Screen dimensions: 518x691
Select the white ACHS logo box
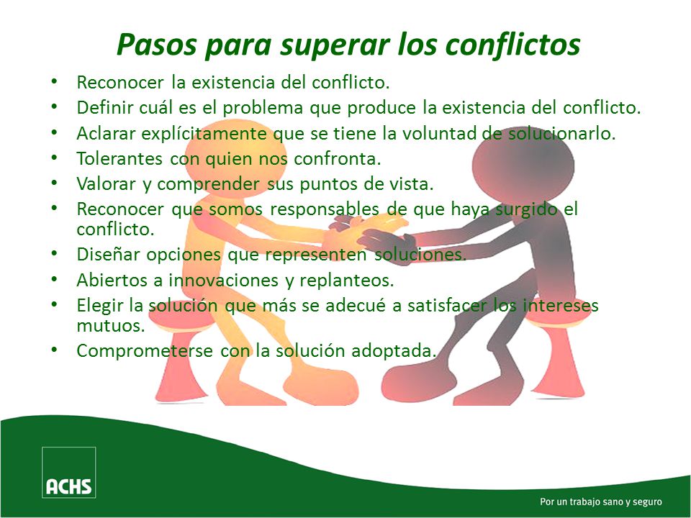(x=68, y=472)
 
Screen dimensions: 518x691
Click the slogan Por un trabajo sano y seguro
(x=600, y=501)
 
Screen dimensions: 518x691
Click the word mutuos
(x=112, y=325)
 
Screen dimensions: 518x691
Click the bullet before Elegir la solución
(x=55, y=304)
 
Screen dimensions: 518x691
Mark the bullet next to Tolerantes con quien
(x=55, y=158)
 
